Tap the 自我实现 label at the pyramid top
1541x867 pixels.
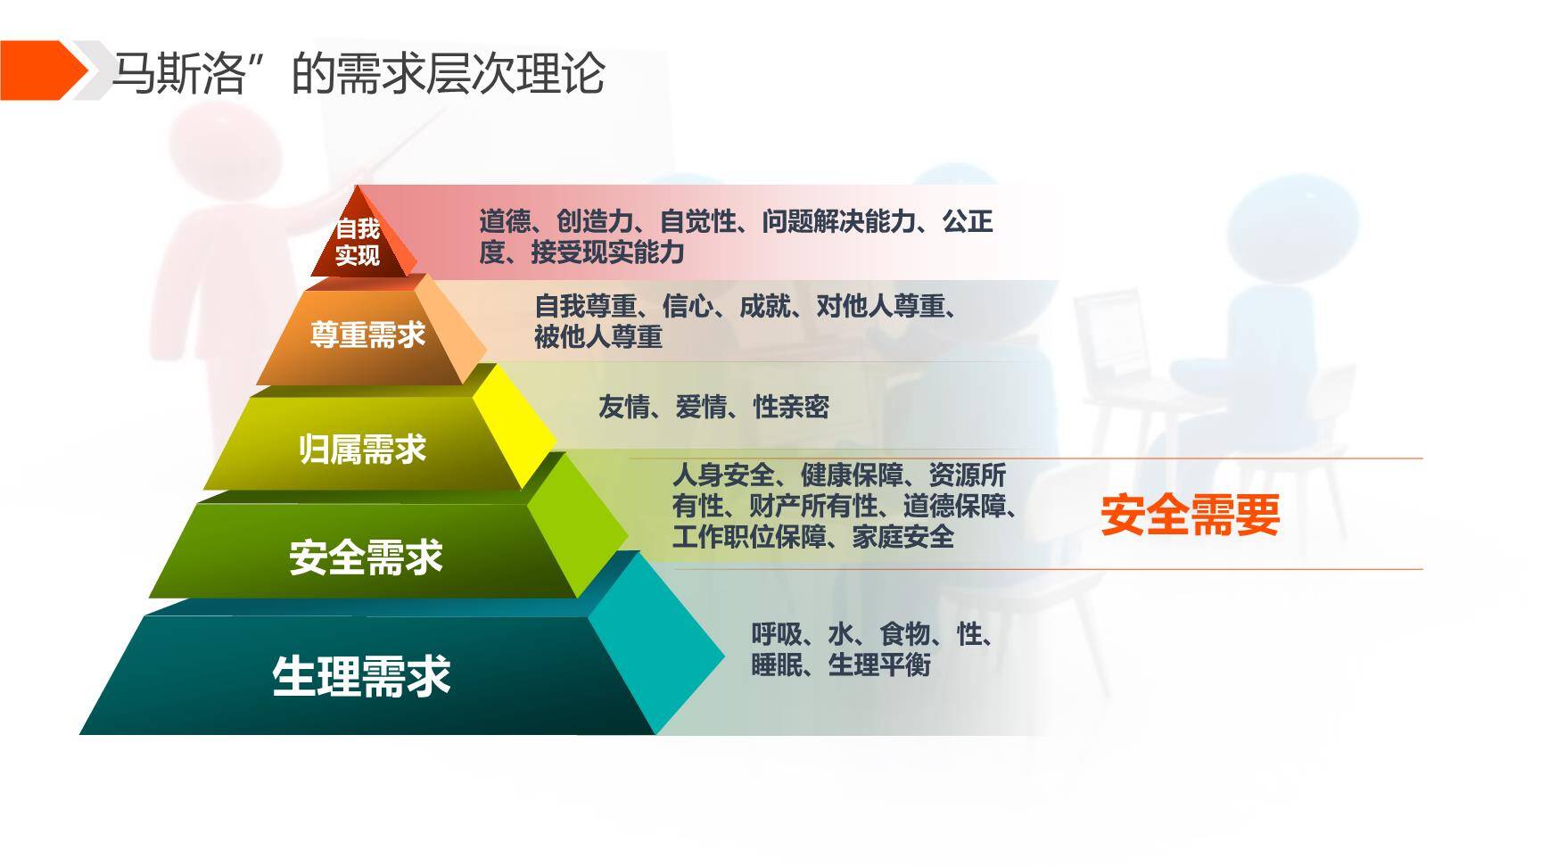pos(358,242)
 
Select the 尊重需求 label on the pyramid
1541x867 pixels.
pos(367,334)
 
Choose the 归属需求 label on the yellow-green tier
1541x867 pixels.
pos(362,449)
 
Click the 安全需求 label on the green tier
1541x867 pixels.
pos(366,557)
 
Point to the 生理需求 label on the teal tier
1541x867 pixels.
pos(361,675)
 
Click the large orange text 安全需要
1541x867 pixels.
pos(1190,515)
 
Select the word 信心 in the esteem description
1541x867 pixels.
pos(688,307)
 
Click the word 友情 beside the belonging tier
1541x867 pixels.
pos(624,408)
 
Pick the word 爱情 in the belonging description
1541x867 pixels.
pos(701,408)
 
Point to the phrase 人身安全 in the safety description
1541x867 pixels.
pos(723,475)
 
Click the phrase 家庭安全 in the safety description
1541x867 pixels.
pos(902,537)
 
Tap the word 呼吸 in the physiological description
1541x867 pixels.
pos(777,634)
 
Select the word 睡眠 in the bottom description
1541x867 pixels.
pos(777,665)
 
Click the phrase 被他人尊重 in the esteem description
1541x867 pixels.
pos(598,337)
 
